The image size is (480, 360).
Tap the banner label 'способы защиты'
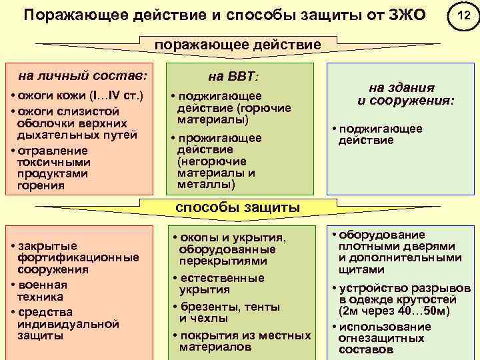pos(237,207)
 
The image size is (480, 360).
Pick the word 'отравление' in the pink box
pos(51,150)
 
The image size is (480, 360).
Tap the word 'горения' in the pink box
pos(42,185)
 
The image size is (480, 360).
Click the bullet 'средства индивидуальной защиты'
pos(67,324)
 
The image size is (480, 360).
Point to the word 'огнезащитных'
pos(381,338)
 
